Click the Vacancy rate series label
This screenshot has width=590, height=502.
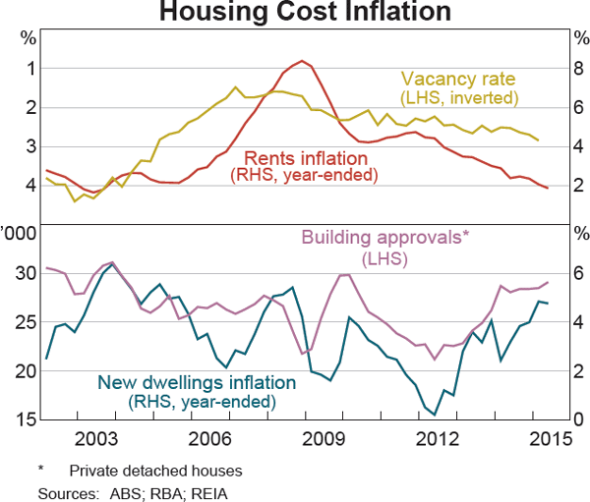[x=459, y=79]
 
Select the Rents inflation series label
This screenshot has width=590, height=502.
[x=304, y=157]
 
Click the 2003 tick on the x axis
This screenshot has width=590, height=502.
[x=102, y=437]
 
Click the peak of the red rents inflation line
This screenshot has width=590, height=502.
[x=302, y=61]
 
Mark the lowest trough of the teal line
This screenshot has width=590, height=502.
[x=434, y=415]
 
